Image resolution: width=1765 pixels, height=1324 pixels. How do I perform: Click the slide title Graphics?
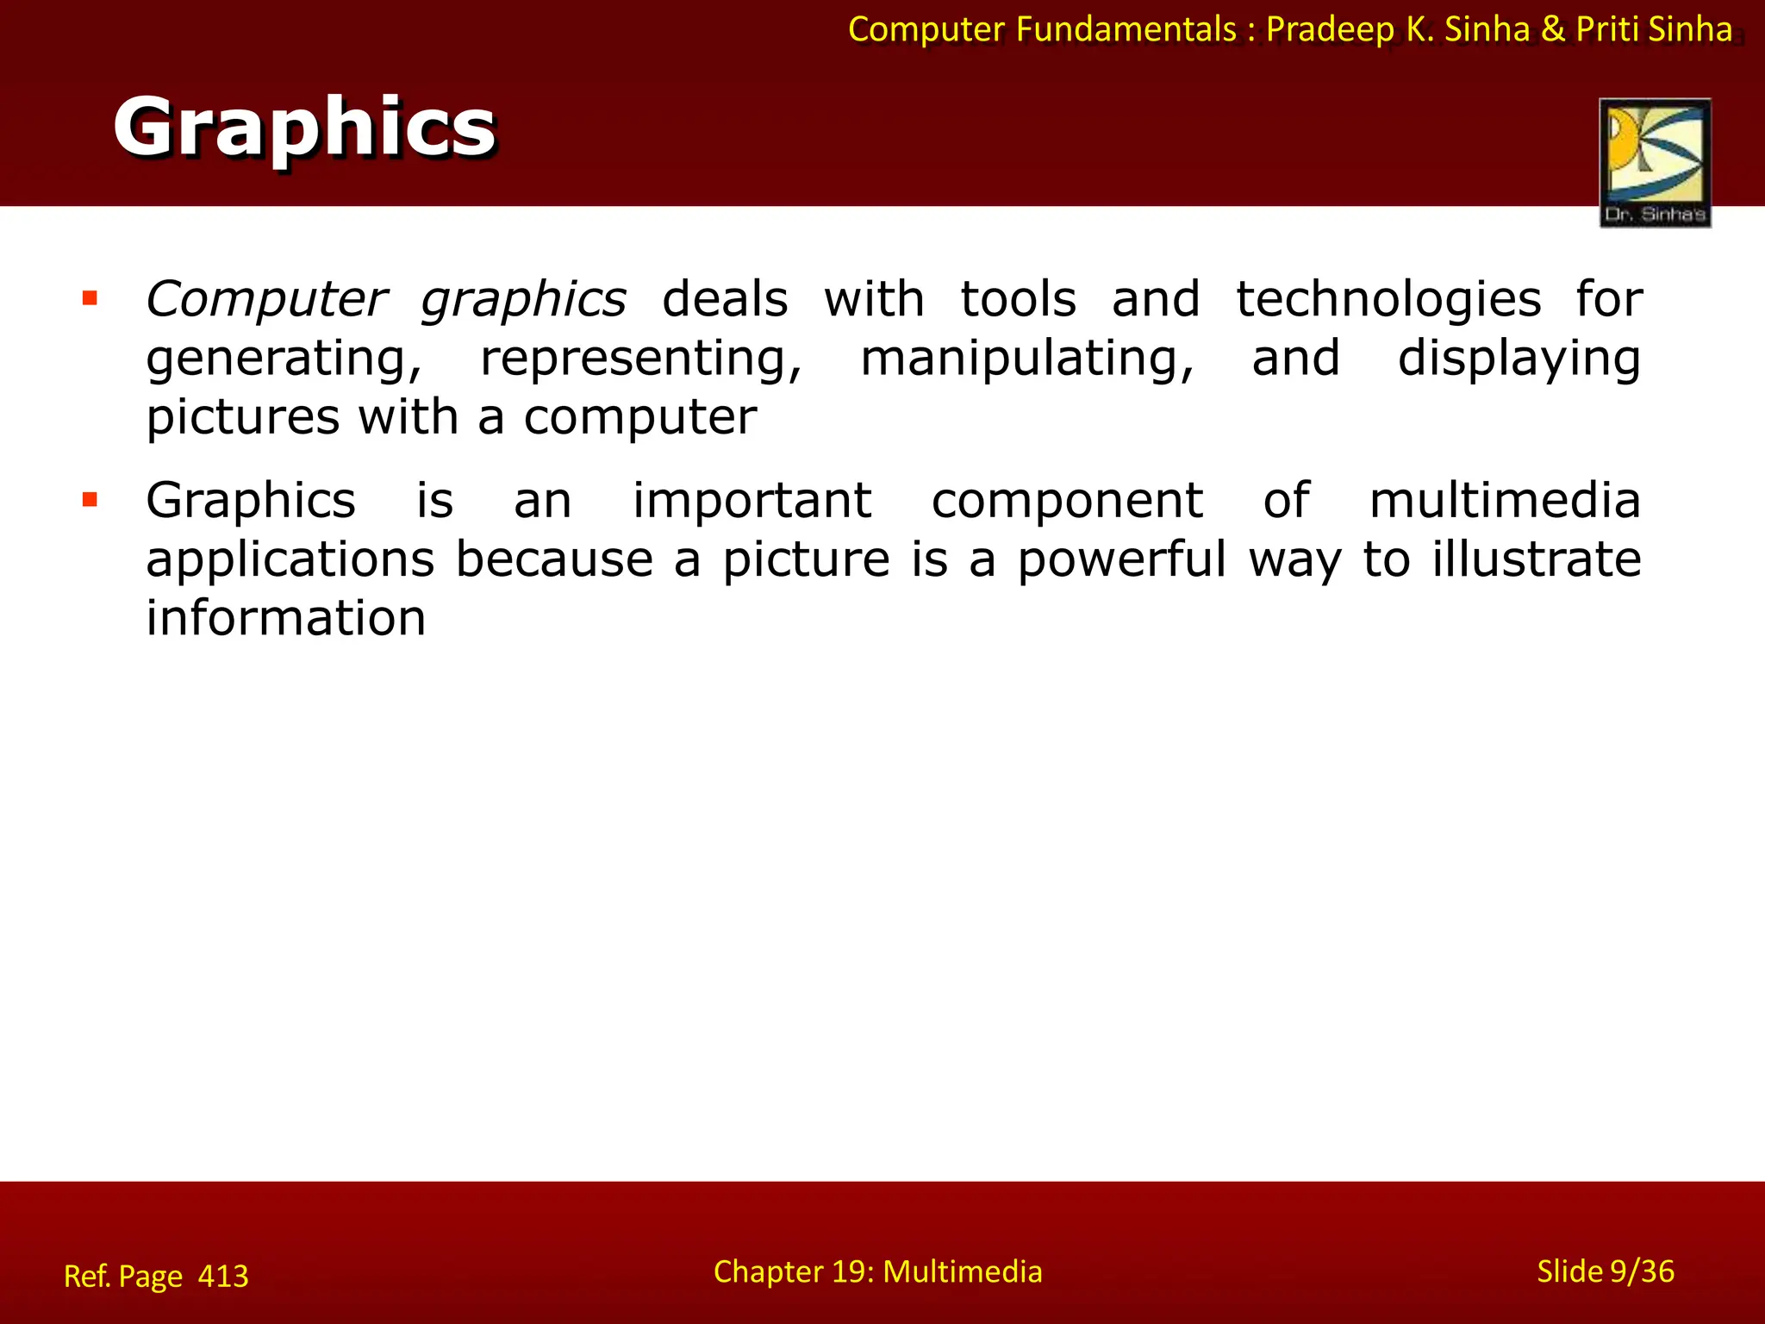point(304,127)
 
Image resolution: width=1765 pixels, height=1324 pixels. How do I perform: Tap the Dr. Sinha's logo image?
point(1655,162)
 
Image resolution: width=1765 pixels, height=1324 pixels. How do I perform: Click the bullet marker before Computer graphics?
point(90,299)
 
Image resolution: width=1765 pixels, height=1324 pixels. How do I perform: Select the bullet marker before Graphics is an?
point(90,500)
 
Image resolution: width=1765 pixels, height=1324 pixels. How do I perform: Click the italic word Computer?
point(266,300)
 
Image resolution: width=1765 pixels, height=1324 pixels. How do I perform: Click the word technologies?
point(1388,300)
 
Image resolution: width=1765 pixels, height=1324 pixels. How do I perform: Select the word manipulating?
point(1027,359)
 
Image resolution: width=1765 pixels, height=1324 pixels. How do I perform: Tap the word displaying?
point(1519,359)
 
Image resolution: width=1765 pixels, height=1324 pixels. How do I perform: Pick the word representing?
point(641,359)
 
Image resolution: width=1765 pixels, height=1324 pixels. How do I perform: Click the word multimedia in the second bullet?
point(1505,501)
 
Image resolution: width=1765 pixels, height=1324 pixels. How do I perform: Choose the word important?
point(752,501)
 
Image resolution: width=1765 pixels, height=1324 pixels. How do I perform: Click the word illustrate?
point(1537,559)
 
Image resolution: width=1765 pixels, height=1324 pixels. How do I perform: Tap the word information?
point(286,618)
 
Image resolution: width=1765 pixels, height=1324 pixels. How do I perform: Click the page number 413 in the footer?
point(223,1276)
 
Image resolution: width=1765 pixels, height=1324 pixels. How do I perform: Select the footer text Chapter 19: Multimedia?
point(877,1271)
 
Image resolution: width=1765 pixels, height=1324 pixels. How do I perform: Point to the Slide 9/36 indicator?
point(1606,1271)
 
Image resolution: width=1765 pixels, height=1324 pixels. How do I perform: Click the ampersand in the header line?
point(1553,29)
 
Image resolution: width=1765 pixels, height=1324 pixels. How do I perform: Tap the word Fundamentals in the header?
point(1126,29)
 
